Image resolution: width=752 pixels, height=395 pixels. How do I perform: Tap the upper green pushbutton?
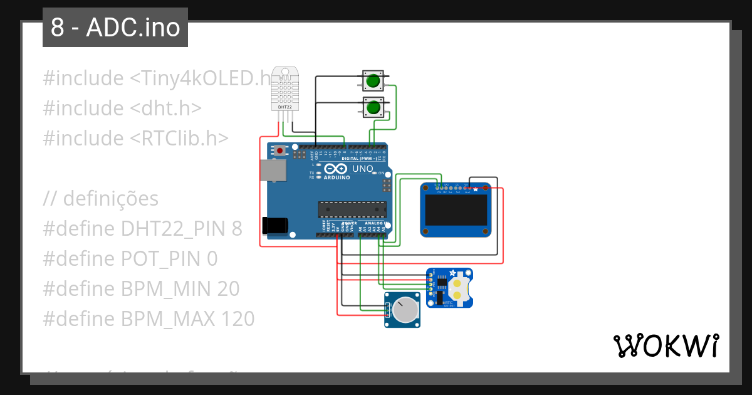(373, 80)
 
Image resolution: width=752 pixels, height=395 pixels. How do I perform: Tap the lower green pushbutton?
(373, 107)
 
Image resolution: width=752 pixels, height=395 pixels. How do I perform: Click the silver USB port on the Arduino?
(273, 170)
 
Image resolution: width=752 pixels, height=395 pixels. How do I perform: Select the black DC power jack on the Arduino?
(275, 226)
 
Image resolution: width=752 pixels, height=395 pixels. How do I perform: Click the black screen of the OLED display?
(456, 210)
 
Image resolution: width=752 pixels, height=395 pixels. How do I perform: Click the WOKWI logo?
(666, 345)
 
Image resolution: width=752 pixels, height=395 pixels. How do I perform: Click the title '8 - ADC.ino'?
(115, 28)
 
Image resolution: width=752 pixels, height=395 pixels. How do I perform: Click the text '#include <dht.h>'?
(122, 108)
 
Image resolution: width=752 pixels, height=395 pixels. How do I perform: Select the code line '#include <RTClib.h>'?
(136, 138)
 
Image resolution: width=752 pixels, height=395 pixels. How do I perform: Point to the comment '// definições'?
(101, 199)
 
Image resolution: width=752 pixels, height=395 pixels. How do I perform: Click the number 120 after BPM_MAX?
(238, 319)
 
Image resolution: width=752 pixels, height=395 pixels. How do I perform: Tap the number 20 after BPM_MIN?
(229, 289)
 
